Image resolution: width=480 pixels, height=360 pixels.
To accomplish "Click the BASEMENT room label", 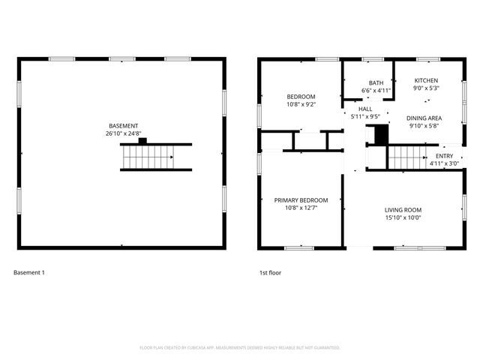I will (123, 126).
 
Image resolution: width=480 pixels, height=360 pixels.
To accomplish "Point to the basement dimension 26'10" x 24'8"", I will (123, 133).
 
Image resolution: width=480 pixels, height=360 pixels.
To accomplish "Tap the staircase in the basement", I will (148, 157).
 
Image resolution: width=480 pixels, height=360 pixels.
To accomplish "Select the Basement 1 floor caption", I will (29, 272).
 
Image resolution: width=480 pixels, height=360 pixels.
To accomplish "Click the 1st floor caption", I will (270, 272).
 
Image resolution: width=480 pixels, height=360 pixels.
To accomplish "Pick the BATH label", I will (376, 83).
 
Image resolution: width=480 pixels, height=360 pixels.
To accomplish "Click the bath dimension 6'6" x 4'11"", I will (376, 91).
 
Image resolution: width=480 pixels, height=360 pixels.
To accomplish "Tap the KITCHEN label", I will (426, 81).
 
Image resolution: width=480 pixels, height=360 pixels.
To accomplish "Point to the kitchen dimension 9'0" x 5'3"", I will (426, 88).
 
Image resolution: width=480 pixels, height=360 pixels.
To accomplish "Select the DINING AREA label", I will (424, 118).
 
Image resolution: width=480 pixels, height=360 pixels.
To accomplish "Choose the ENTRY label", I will (444, 156).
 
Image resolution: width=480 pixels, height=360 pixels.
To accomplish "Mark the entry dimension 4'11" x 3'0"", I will (444, 163).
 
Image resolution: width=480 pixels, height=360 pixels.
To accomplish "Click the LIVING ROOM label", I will (403, 210).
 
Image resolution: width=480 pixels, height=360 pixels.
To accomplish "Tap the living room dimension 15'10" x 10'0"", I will (403, 217).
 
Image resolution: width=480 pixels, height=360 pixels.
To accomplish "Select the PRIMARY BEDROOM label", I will (301, 200).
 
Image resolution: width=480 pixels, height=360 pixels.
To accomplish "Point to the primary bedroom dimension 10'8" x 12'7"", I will (301, 208).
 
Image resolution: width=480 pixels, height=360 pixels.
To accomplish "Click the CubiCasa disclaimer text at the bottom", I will (240, 348).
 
